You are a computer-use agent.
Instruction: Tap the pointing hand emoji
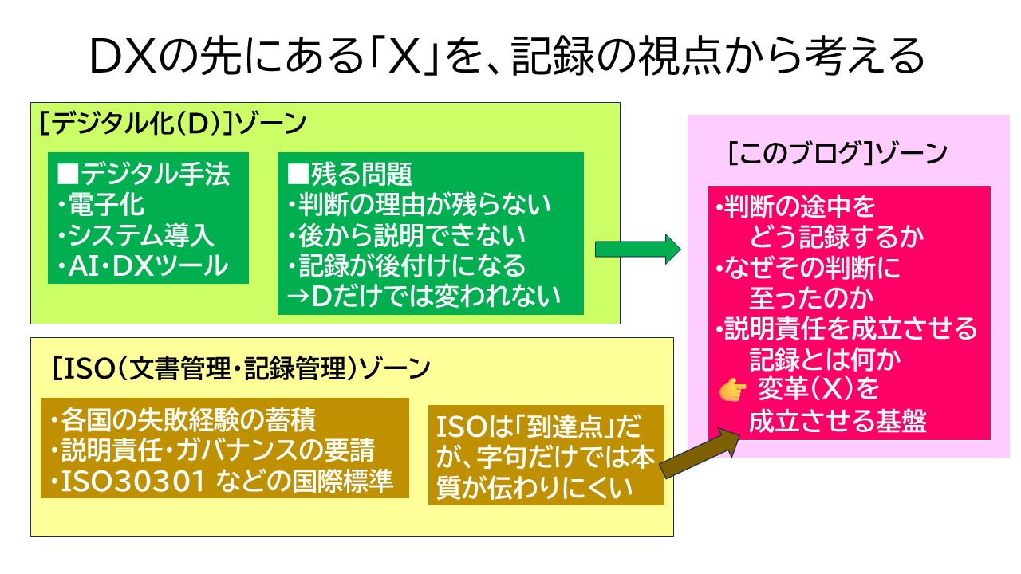pyautogui.click(x=731, y=390)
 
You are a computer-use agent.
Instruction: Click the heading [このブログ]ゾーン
pyautogui.click(x=837, y=153)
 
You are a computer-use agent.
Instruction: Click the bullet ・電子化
pyautogui.click(x=101, y=205)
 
